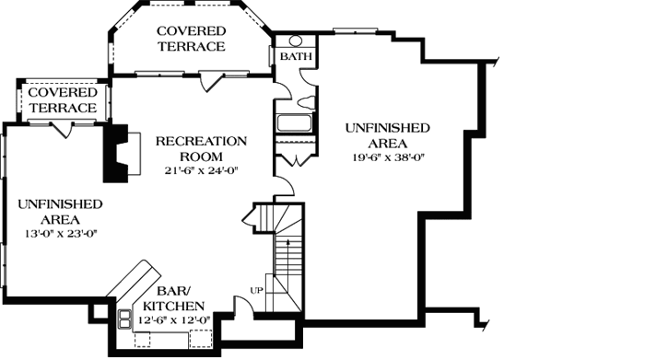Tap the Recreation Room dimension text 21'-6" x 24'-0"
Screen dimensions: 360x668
tap(202, 169)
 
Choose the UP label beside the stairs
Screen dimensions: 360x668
tap(257, 291)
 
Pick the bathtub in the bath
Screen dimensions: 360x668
tap(295, 122)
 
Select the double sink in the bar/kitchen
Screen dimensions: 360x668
tap(123, 319)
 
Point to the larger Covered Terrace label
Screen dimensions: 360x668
tap(191, 39)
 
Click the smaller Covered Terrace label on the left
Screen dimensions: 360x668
tap(61, 100)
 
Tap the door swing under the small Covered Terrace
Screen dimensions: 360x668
tap(63, 128)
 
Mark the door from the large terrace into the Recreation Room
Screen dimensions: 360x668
tap(214, 82)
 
